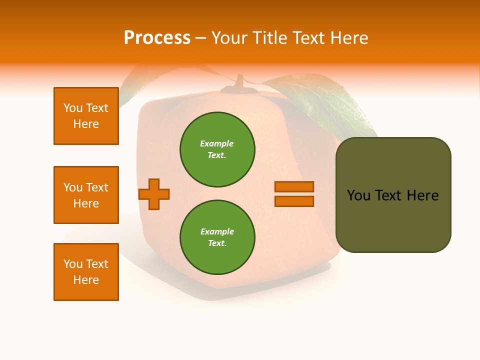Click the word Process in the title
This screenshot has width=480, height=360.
[x=157, y=38]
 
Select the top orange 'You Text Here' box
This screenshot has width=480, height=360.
[x=86, y=116]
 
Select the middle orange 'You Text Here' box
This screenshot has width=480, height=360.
[x=86, y=195]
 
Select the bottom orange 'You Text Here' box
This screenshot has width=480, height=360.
[x=86, y=272]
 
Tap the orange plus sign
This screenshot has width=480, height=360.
[x=154, y=194]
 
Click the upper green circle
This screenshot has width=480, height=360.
[x=217, y=149]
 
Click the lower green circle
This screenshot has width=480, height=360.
[x=217, y=237]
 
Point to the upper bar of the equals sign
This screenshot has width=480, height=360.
[x=294, y=186]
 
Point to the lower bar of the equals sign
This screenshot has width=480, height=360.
[x=294, y=201]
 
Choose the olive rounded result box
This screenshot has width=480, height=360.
[x=393, y=195]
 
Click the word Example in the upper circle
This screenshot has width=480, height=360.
[x=216, y=143]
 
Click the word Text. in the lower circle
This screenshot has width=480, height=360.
[x=217, y=243]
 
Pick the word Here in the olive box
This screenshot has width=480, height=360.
[x=422, y=195]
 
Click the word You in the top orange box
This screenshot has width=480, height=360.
[x=73, y=108]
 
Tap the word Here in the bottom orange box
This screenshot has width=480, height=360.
[x=86, y=280]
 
